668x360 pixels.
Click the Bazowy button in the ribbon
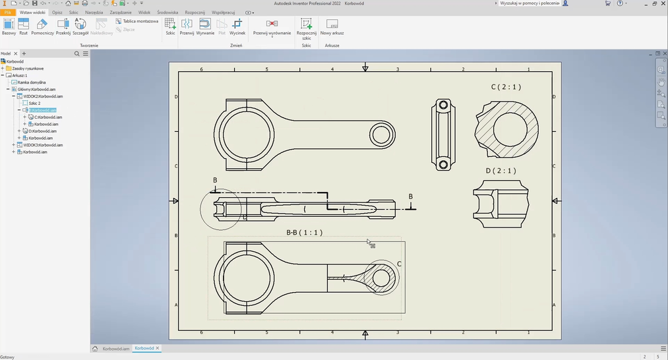9,26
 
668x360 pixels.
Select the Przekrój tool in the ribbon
63,26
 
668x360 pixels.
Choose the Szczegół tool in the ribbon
80,26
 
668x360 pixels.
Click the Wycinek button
237,26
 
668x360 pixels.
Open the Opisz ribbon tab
57,12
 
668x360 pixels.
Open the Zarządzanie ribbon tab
121,12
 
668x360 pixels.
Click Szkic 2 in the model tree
34,103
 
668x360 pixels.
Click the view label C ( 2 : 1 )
506,86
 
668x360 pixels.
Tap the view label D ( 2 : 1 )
501,171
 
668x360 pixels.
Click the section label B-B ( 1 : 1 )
304,232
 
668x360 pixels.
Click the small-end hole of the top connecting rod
381,135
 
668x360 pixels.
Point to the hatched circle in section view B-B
381,278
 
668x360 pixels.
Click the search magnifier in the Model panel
77,53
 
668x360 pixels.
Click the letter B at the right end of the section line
411,196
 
